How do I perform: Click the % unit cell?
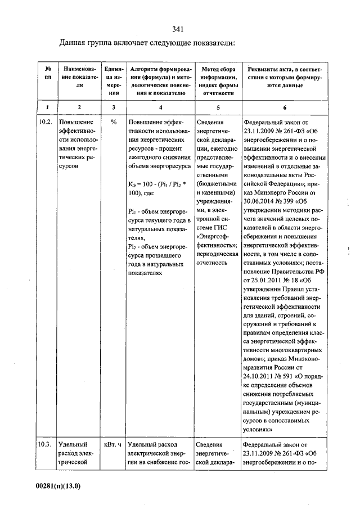click(x=114, y=121)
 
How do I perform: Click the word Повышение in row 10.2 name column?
click(x=76, y=121)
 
